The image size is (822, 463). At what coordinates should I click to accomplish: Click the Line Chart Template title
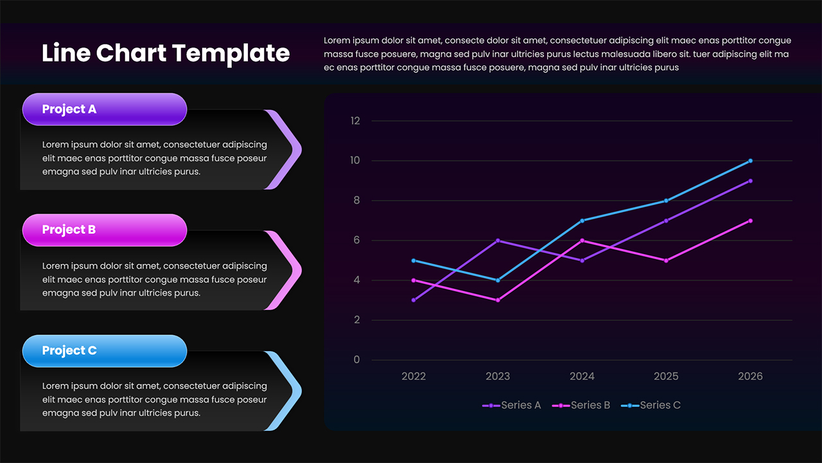point(165,53)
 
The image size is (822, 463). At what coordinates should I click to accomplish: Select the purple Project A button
point(104,109)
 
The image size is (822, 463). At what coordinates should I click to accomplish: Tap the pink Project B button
point(104,230)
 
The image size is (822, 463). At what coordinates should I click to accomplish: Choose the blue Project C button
point(104,350)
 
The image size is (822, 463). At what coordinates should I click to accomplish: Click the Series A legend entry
point(512,405)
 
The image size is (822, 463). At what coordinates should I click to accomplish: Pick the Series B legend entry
point(581,405)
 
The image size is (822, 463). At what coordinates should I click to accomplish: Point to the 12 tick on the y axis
point(356,121)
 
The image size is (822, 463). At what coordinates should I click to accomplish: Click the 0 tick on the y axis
point(357,360)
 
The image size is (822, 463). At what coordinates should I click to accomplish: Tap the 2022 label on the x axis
point(414,377)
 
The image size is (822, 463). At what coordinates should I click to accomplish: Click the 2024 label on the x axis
point(582,377)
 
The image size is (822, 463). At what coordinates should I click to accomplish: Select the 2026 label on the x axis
point(750,377)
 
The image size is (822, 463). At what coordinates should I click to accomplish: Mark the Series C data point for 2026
point(750,161)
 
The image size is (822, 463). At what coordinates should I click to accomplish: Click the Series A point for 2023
point(498,241)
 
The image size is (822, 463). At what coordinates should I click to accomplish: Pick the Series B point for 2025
point(666,260)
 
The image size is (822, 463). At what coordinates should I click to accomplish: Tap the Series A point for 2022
point(414,300)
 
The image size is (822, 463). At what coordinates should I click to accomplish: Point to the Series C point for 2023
point(498,280)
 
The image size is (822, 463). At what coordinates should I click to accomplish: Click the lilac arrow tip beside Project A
point(292,150)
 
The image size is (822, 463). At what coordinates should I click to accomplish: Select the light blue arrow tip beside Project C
point(292,391)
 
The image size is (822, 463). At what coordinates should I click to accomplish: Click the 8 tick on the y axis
point(356,201)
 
